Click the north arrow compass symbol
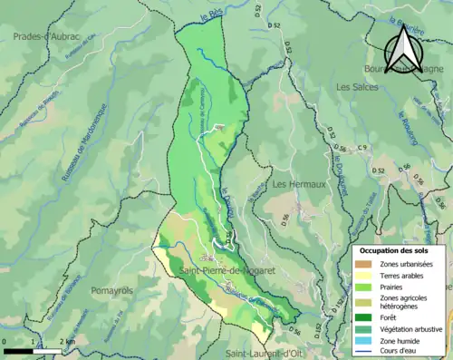tap(400, 48)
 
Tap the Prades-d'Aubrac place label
tap(46, 35)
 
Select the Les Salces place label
tap(355, 88)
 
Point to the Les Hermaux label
tap(298, 184)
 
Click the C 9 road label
tap(362, 148)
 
